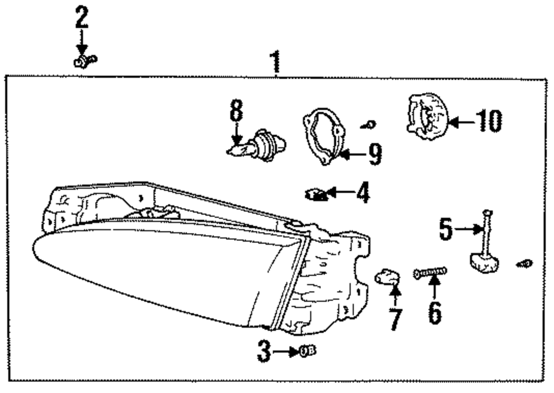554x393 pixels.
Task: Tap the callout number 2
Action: click(x=81, y=18)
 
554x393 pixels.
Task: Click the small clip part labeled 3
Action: click(x=307, y=350)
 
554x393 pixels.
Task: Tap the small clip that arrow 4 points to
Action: click(x=315, y=194)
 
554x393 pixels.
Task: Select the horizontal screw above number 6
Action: click(x=430, y=272)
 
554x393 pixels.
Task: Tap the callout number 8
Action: click(x=237, y=111)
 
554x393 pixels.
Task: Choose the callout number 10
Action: click(x=488, y=121)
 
